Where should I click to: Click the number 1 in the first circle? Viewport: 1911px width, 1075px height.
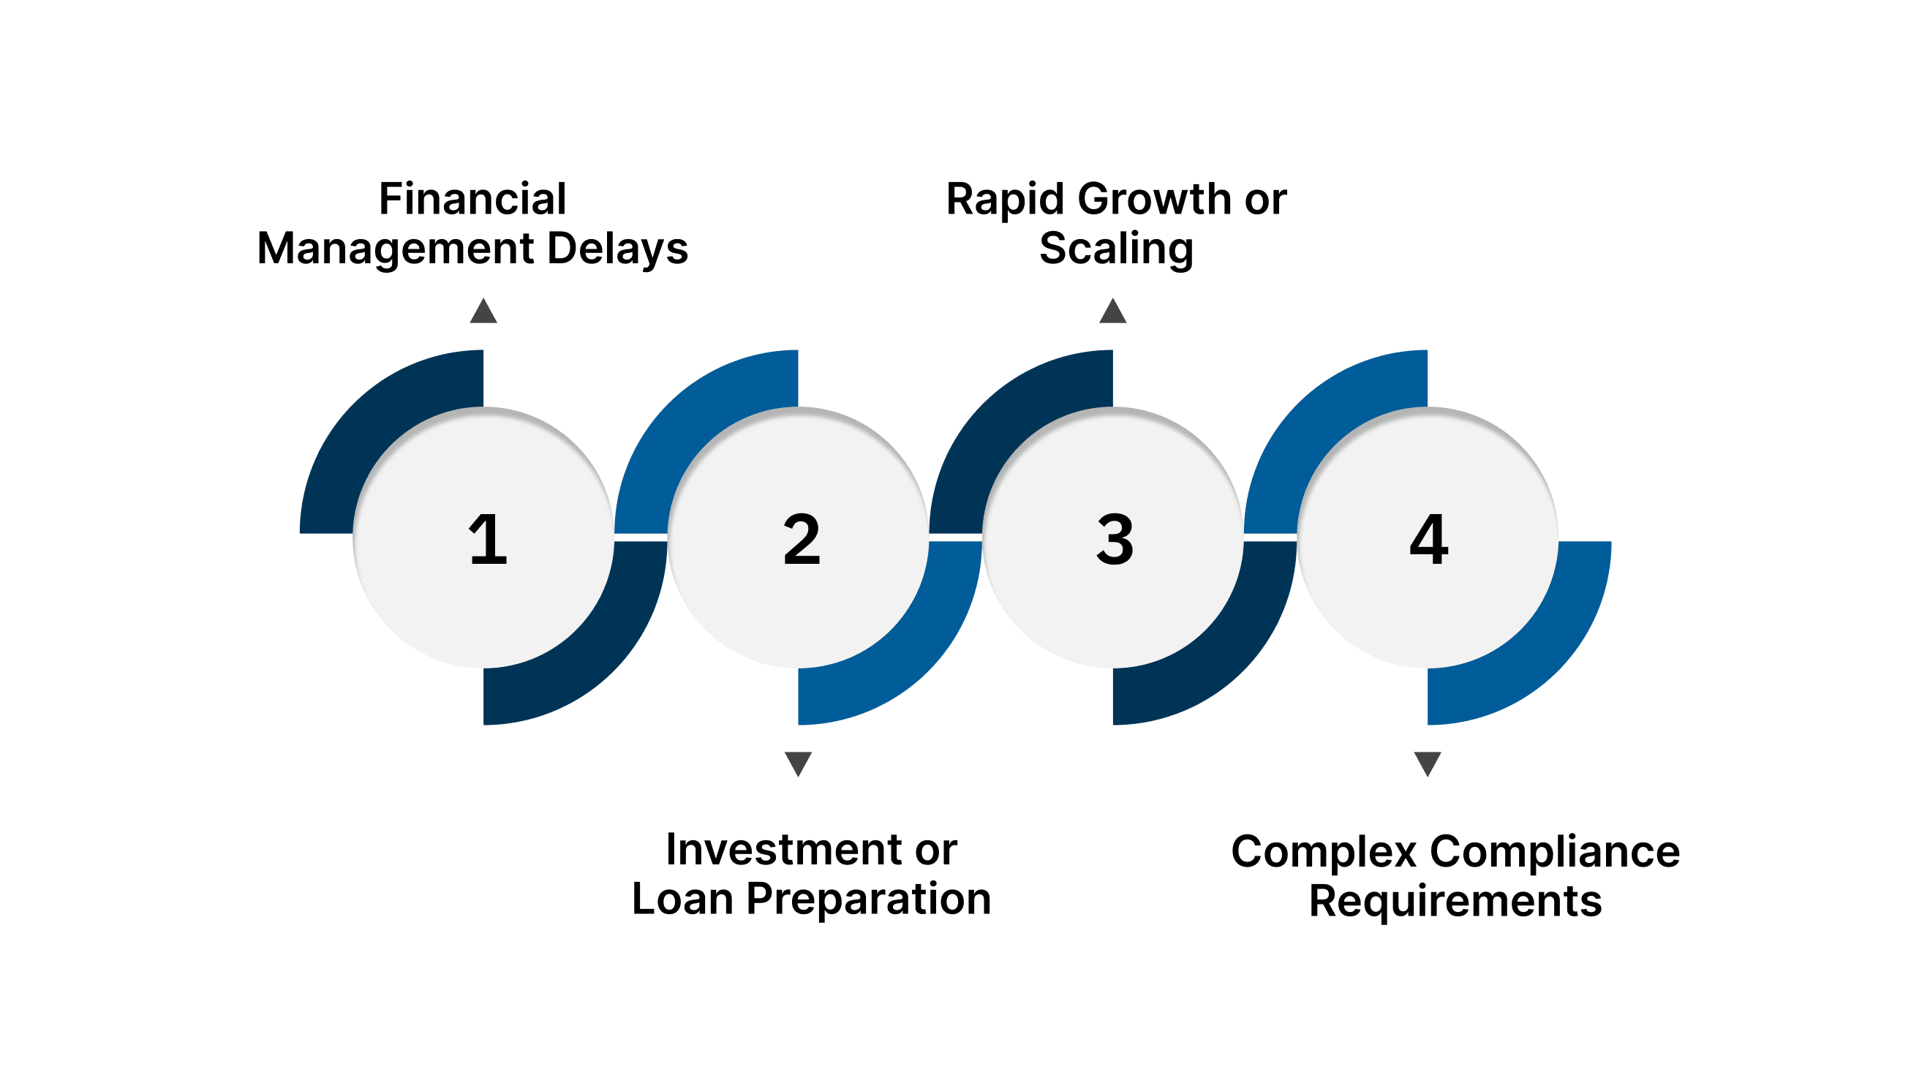[x=487, y=540]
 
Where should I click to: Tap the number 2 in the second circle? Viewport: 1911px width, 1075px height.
[x=802, y=540]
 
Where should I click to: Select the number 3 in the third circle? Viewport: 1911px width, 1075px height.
[x=1115, y=540]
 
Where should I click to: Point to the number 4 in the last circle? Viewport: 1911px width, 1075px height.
[x=1429, y=540]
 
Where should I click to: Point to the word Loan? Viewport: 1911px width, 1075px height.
[x=682, y=899]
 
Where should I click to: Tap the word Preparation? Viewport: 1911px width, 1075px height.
[x=869, y=901]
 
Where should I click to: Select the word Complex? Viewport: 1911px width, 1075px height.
[x=1324, y=853]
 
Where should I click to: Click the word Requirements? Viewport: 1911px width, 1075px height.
[x=1455, y=902]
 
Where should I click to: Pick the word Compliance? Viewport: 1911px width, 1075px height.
[x=1555, y=852]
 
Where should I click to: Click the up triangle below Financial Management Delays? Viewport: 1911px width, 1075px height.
[x=483, y=312]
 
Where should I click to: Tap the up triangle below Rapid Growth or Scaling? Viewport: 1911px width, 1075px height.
[x=1113, y=312]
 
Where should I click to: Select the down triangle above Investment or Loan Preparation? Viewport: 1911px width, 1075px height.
[x=798, y=763]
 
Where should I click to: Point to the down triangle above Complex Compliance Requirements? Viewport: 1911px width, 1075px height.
[x=1428, y=763]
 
